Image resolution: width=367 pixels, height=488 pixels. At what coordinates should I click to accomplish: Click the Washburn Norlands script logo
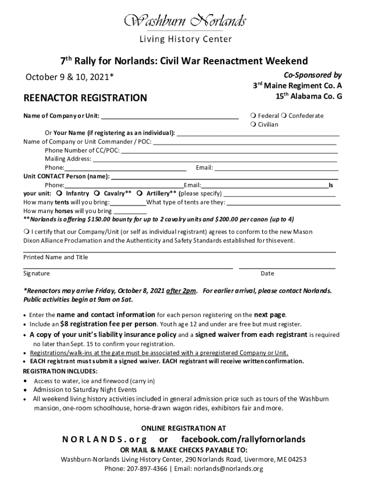(x=185, y=21)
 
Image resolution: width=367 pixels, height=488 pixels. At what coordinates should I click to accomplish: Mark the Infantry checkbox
(x=59, y=193)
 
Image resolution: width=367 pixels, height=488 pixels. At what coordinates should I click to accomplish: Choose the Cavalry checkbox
(x=97, y=193)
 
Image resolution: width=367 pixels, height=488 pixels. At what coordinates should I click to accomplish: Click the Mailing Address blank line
(x=214, y=159)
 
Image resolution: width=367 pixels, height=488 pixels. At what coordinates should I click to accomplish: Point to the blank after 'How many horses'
(x=130, y=211)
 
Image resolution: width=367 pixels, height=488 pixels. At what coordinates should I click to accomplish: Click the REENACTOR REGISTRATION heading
(x=85, y=98)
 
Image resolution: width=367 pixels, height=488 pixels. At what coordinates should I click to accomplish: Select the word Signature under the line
(x=37, y=274)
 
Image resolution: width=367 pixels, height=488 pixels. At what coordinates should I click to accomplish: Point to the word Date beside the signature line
(x=267, y=274)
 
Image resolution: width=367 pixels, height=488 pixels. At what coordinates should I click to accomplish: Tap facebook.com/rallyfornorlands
(x=243, y=439)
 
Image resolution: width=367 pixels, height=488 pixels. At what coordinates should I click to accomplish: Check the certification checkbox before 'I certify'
(x=27, y=232)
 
